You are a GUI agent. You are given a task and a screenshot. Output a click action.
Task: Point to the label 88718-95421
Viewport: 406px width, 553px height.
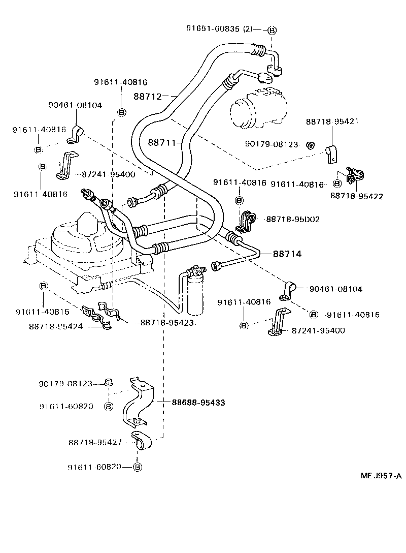click(332, 122)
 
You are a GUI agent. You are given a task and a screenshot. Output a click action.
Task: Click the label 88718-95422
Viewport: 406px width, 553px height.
click(356, 196)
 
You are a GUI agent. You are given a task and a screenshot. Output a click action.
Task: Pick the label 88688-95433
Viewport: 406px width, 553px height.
click(198, 402)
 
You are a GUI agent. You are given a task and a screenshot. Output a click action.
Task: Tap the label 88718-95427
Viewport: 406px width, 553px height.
click(95, 442)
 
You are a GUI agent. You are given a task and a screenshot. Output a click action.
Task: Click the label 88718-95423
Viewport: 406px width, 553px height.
click(167, 323)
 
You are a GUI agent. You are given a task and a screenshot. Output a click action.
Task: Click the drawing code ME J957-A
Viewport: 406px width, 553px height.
click(381, 476)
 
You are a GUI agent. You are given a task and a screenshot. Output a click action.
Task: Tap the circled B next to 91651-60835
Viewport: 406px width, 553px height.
click(272, 30)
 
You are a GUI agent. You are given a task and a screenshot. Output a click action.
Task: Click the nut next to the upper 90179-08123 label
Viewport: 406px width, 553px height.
click(313, 145)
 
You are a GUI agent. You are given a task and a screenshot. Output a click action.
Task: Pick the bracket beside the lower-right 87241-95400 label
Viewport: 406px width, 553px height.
click(278, 322)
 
